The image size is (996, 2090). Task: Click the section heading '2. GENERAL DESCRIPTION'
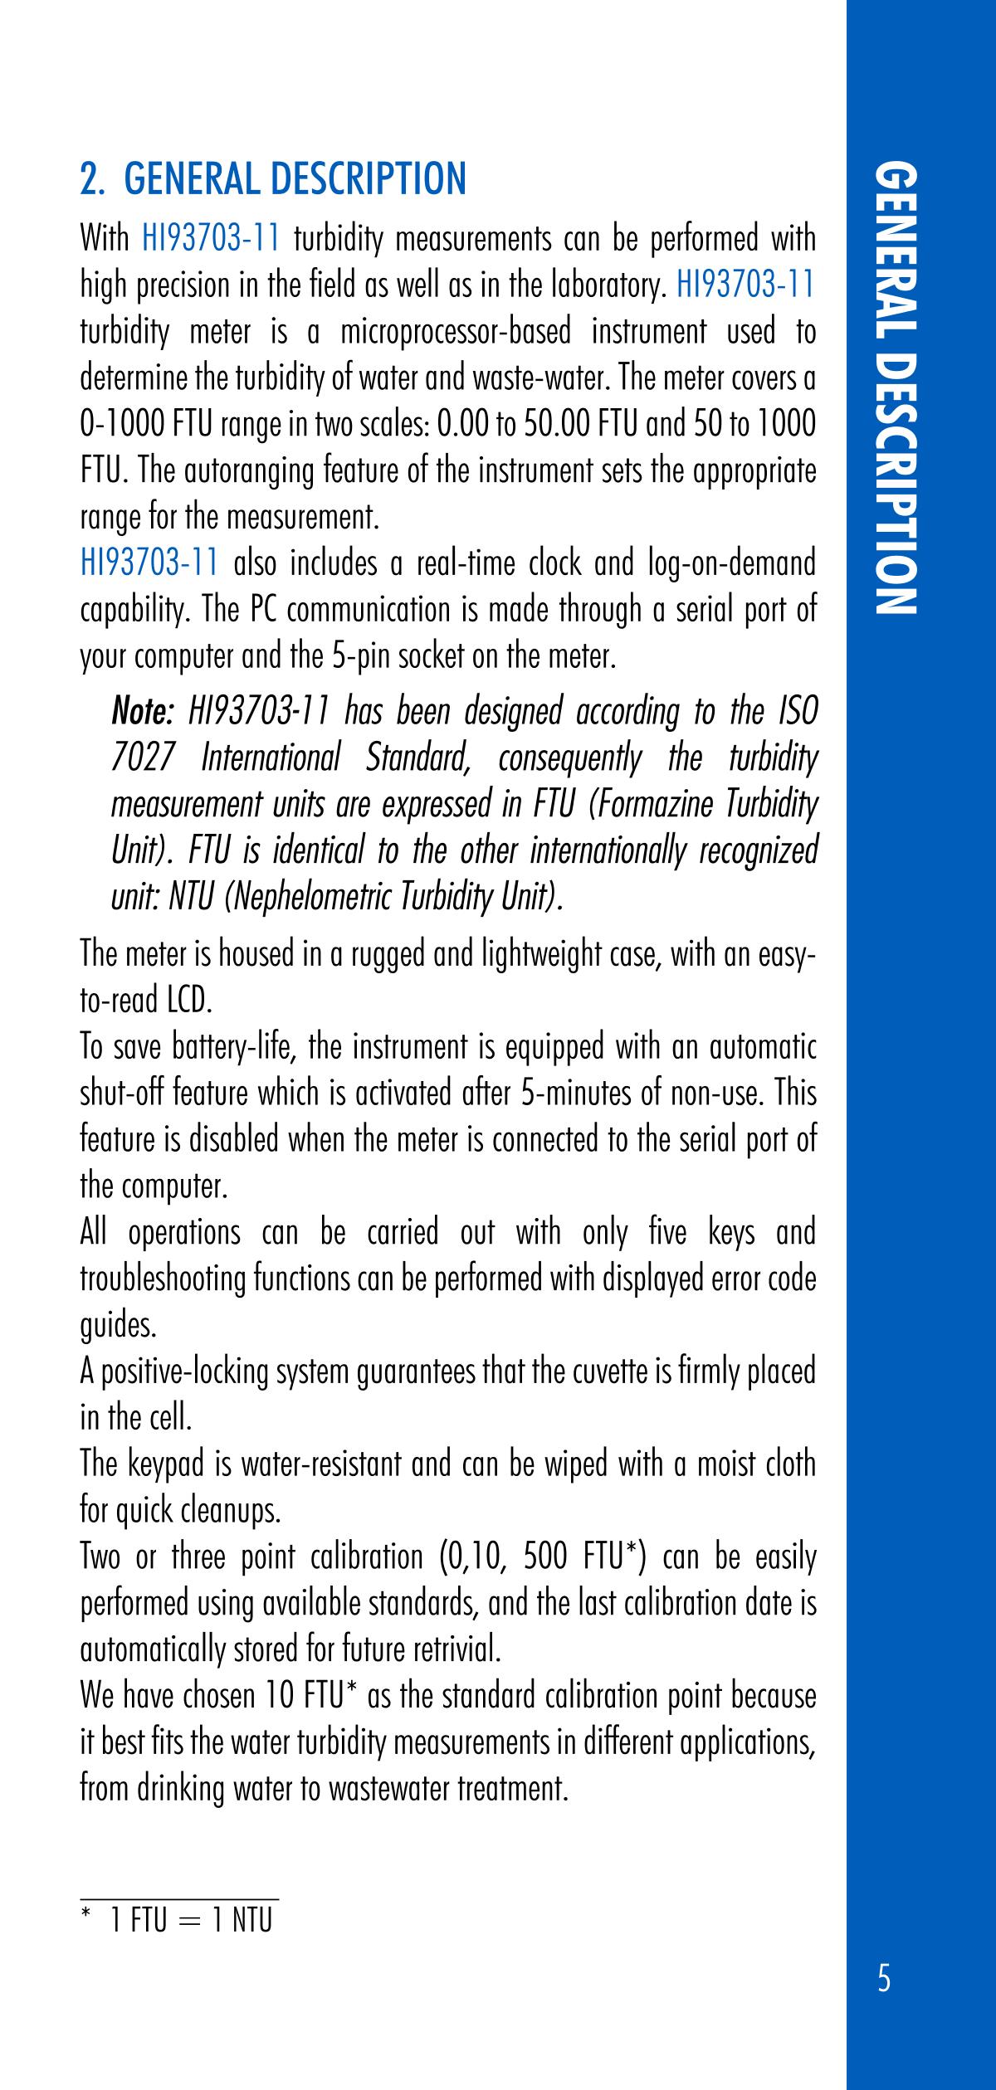273,179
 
